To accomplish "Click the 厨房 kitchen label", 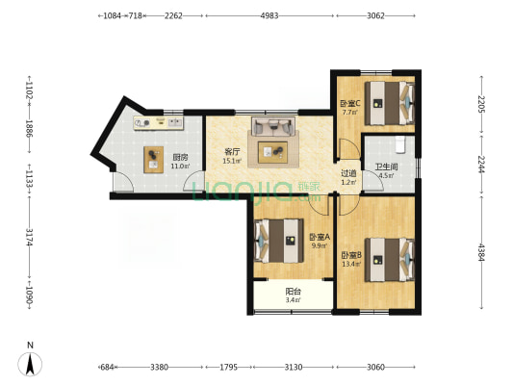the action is (x=180, y=157).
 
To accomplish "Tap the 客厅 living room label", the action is (x=232, y=152).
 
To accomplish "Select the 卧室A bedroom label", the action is (x=320, y=237).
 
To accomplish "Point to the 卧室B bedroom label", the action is (x=351, y=255).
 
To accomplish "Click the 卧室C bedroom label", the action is (x=350, y=104).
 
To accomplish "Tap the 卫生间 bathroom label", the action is (x=386, y=167).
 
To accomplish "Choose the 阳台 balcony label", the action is (x=293, y=291).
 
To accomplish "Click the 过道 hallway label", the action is (x=348, y=173).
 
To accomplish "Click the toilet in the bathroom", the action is (x=400, y=145).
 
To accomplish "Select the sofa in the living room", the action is (x=273, y=126).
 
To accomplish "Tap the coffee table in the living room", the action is (x=272, y=152).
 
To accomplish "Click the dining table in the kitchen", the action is (x=153, y=160).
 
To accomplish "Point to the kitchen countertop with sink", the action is (x=159, y=123).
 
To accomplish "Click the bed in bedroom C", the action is (x=390, y=103).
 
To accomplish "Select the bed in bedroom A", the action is (x=279, y=241).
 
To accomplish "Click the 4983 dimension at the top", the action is (x=269, y=15).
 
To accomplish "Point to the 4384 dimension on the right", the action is (x=481, y=252).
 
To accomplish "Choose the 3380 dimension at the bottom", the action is (x=160, y=367).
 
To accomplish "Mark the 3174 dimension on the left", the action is (x=30, y=237).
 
